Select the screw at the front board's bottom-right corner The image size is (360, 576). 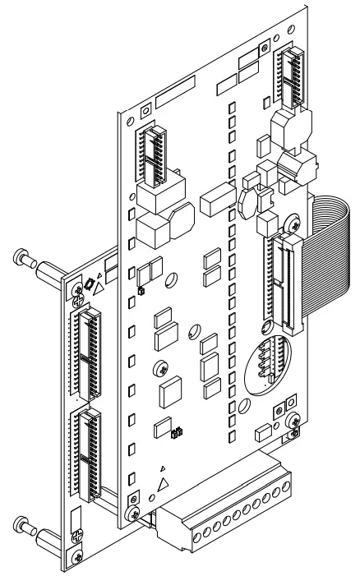click(295, 422)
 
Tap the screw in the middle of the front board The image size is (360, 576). click(160, 366)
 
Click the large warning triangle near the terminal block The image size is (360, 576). click(164, 485)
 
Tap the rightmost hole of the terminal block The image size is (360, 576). click(288, 489)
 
